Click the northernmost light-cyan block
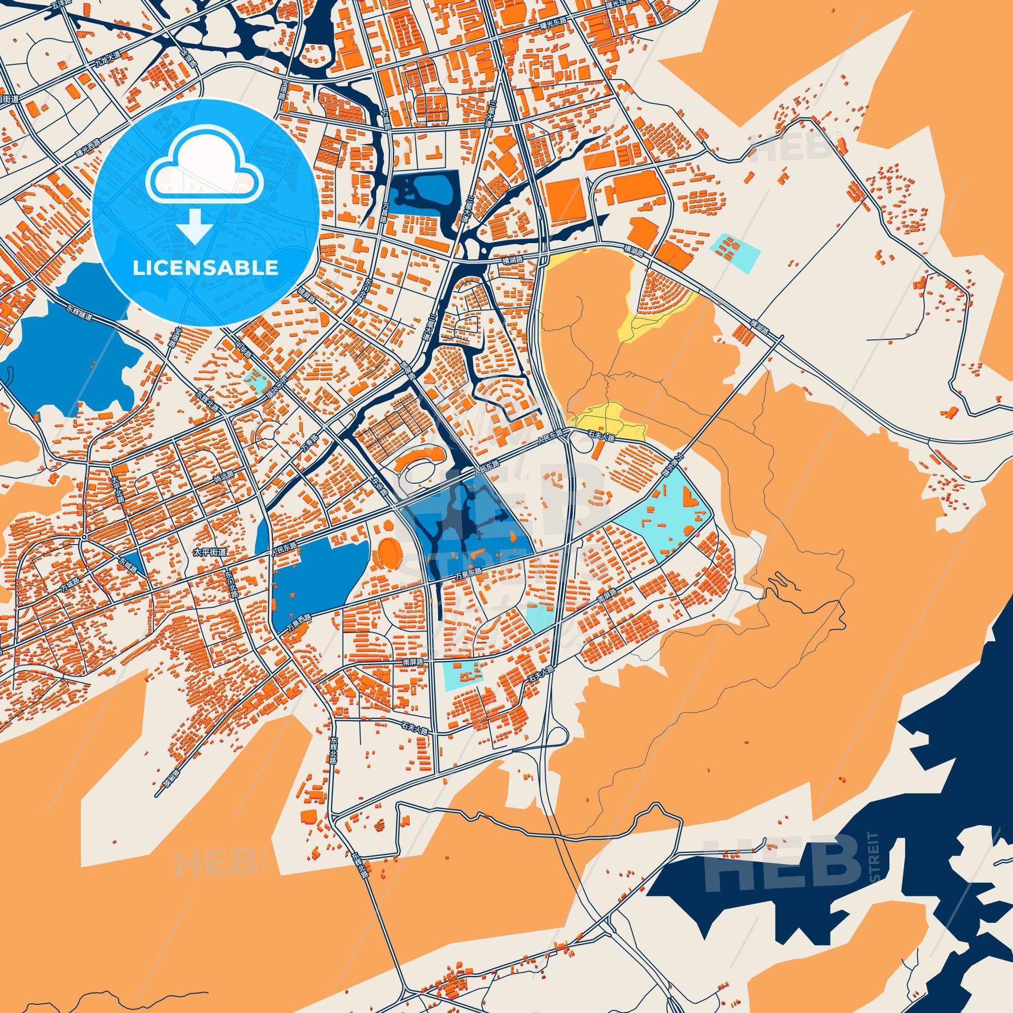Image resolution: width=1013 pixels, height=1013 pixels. tap(735, 252)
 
